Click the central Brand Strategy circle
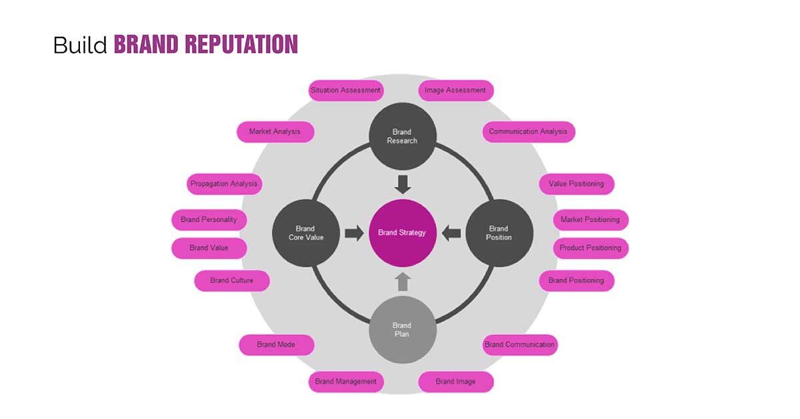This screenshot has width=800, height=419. point(402,233)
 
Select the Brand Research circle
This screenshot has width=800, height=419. point(402,136)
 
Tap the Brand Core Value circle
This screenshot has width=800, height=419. point(305,233)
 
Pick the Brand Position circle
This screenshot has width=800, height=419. point(499,233)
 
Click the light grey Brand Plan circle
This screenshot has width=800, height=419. point(402,330)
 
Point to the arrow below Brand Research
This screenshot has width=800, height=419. point(402,183)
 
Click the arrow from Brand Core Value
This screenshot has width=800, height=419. point(354,233)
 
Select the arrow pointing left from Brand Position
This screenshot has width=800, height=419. point(451,233)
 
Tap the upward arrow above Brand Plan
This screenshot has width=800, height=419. point(402,282)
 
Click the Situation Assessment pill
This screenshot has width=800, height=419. point(345,90)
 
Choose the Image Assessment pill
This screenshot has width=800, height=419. point(455,90)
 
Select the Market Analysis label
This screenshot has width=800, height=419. point(275,131)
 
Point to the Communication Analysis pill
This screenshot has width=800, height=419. point(528,131)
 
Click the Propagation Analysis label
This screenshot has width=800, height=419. point(224,183)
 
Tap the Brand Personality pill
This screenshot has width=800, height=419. point(209,220)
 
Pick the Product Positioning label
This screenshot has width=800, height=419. point(590,248)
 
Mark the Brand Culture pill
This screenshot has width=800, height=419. point(231,281)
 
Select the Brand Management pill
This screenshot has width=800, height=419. point(345,382)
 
